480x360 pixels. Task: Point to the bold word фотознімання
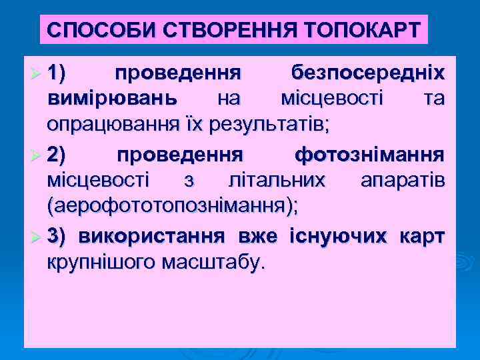click(x=369, y=156)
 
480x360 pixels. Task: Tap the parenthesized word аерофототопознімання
click(x=173, y=206)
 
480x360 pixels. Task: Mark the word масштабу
click(x=214, y=262)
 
